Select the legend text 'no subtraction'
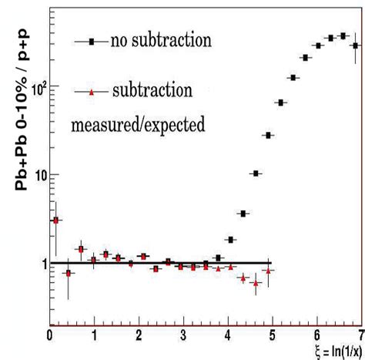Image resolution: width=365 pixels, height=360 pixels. [x=160, y=39]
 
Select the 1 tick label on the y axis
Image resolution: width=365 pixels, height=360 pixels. [x=40, y=264]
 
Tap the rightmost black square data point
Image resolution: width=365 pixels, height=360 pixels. [x=355, y=45]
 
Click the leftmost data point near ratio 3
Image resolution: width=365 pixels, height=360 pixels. [x=55, y=220]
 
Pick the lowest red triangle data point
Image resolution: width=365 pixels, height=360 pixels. [x=256, y=283]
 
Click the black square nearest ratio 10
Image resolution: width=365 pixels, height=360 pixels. [x=256, y=173]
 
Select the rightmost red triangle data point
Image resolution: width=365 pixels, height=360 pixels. [x=268, y=271]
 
